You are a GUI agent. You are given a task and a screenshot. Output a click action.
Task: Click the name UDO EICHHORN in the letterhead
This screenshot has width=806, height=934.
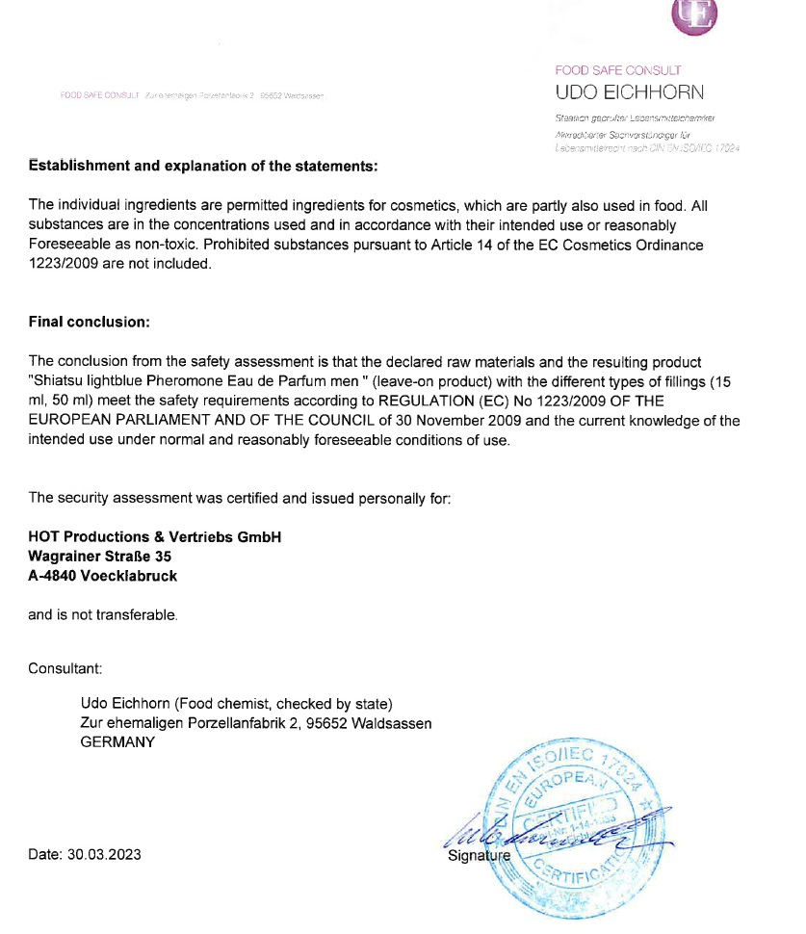(x=630, y=92)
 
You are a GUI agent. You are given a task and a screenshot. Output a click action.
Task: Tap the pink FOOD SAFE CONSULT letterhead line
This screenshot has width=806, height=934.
(x=618, y=70)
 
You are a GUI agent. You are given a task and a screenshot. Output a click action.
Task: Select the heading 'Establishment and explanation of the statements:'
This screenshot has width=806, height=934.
(x=203, y=166)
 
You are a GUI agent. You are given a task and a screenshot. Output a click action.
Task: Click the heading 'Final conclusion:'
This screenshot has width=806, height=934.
(x=90, y=321)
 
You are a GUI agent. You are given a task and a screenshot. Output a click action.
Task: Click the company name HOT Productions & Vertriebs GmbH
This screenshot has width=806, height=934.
(x=155, y=537)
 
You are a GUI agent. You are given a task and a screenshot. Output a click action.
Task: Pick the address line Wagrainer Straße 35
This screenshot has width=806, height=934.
(x=100, y=557)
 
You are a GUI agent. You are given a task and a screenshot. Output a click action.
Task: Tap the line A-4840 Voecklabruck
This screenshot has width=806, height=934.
(x=102, y=576)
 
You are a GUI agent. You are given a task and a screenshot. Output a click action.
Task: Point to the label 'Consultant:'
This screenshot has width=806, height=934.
(x=65, y=667)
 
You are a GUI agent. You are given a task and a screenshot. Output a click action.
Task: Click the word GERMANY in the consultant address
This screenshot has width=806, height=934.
(x=117, y=742)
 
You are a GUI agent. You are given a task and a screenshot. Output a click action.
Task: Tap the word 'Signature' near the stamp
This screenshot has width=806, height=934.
(x=478, y=855)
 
